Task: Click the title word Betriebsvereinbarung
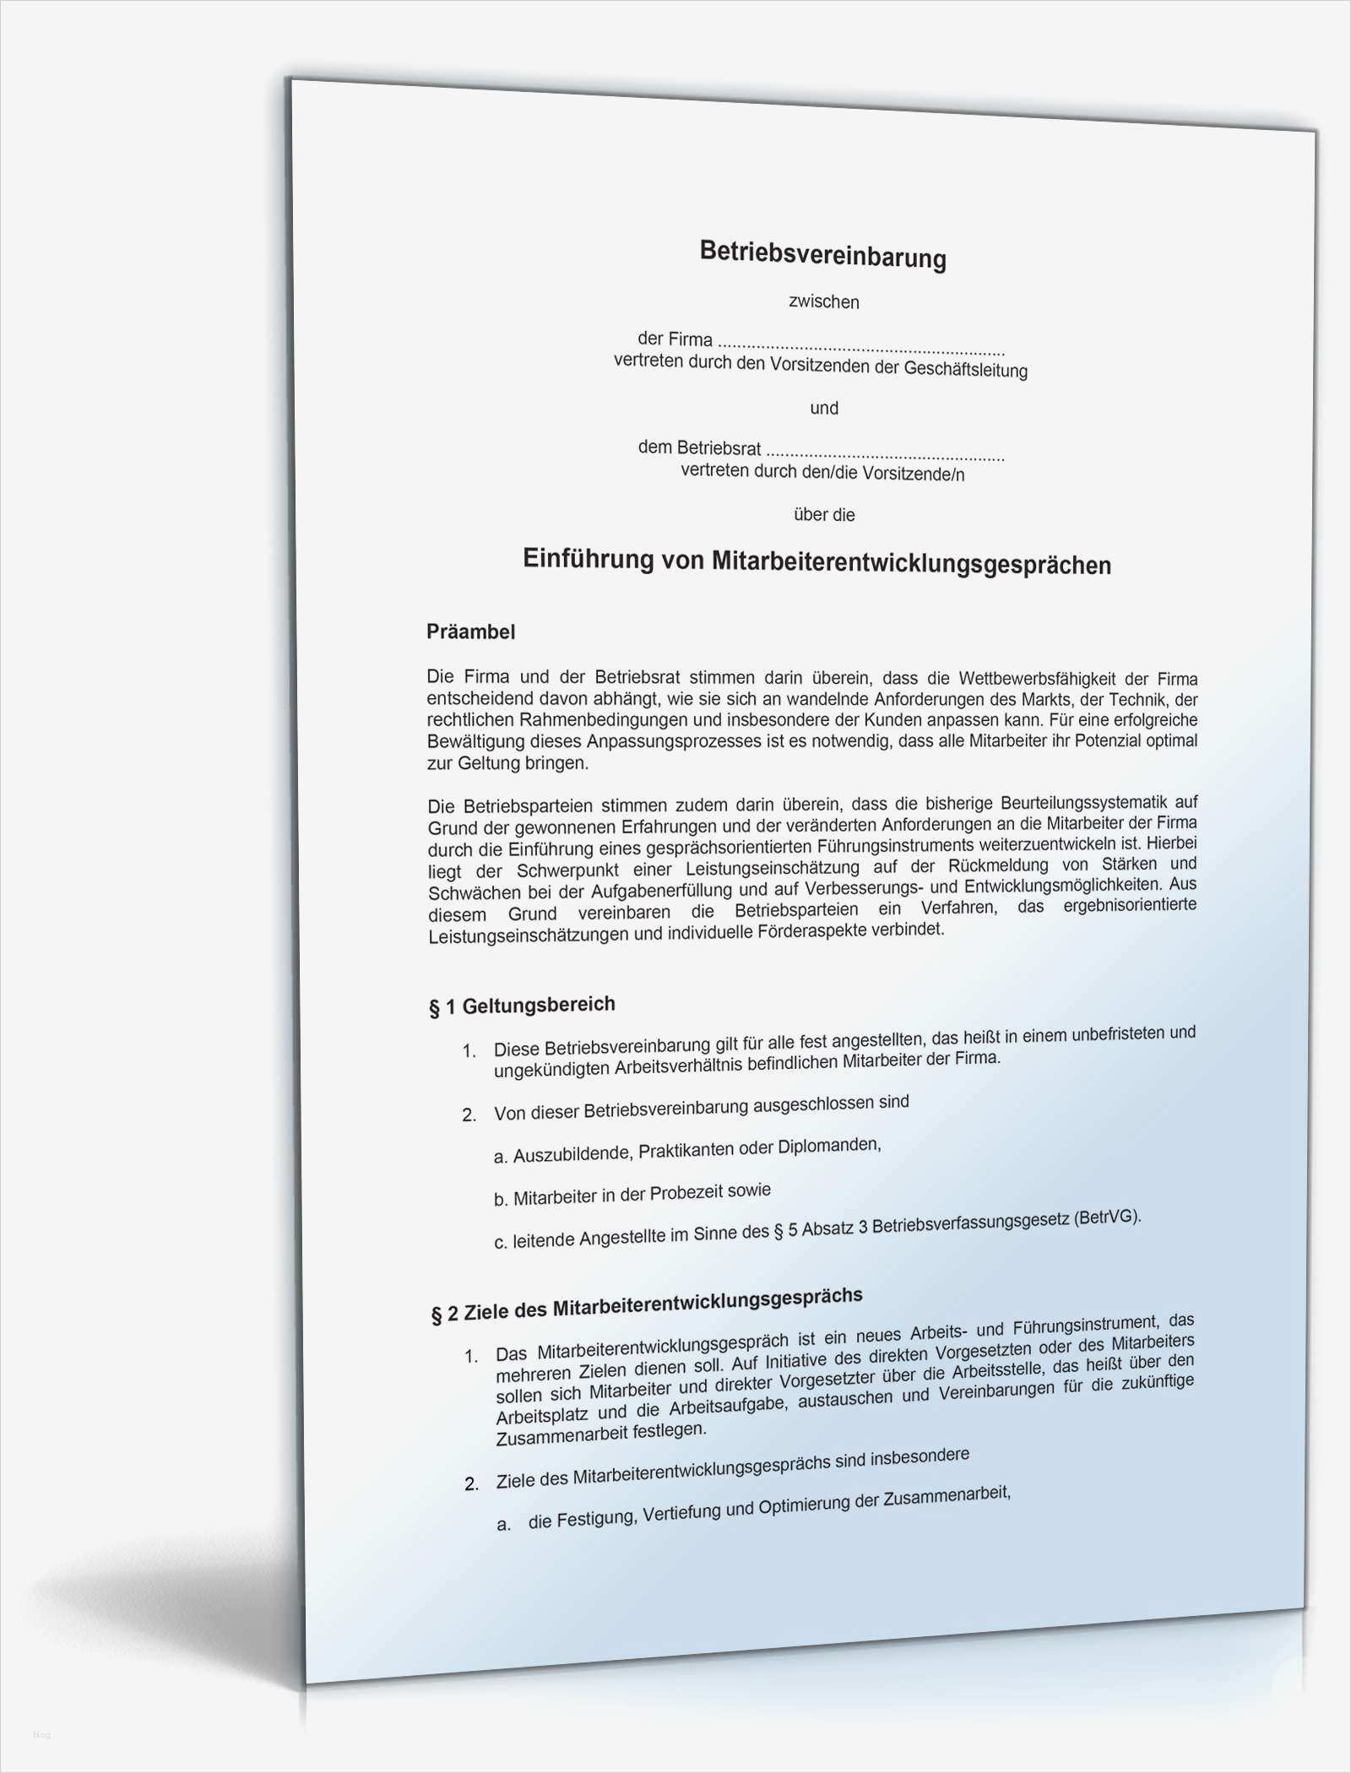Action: [x=822, y=254]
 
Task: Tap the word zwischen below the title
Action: [x=823, y=301]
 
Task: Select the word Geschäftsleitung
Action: [x=965, y=369]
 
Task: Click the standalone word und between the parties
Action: [x=824, y=409]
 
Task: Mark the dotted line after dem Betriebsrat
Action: [x=885, y=453]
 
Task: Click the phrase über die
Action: [x=824, y=514]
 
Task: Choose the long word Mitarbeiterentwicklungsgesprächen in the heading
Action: [x=911, y=563]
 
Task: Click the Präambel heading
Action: [x=470, y=632]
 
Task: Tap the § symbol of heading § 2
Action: [x=436, y=1315]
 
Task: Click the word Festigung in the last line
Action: [x=594, y=1518]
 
